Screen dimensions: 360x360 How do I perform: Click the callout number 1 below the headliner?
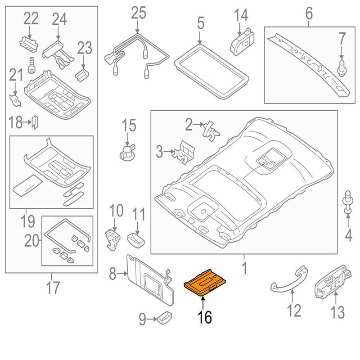point(244,269)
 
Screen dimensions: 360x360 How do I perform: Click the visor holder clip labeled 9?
point(163,319)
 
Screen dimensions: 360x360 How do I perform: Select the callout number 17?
point(53,287)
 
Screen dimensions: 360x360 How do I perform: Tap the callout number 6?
point(309,13)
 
